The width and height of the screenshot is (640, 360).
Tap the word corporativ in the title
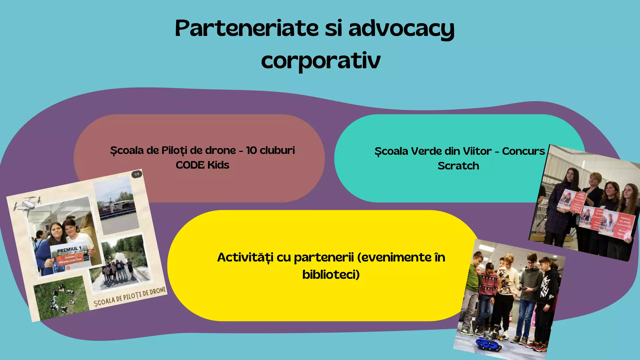(321, 61)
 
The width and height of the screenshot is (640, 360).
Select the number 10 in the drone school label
(251, 150)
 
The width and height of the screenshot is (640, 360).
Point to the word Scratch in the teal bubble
(458, 166)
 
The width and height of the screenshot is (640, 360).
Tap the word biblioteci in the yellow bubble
(331, 274)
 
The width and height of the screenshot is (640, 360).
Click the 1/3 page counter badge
(137, 174)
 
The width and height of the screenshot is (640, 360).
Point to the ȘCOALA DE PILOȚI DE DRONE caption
(130, 297)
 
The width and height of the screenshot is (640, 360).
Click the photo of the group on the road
(120, 262)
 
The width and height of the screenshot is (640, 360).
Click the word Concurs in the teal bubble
(523, 151)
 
